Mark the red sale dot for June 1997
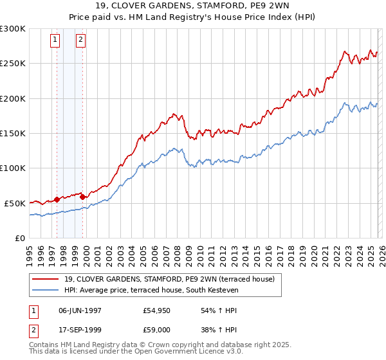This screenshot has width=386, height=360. click(x=57, y=199)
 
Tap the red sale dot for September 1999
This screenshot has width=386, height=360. click(x=83, y=197)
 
